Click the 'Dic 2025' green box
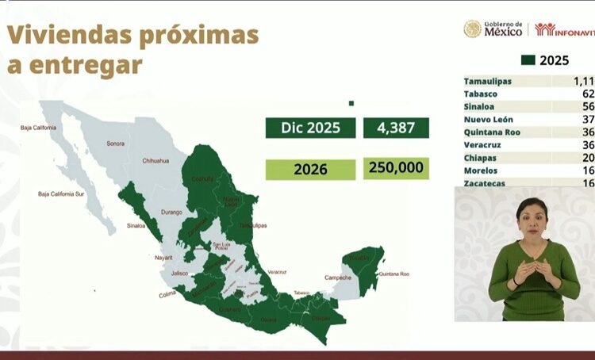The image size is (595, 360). click(x=311, y=128)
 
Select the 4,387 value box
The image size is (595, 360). click(x=396, y=128)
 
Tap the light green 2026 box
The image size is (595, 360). click(x=311, y=169)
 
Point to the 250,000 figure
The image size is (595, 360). click(x=396, y=168)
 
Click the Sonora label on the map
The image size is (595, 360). click(x=117, y=144)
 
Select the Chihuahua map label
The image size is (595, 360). click(x=155, y=161)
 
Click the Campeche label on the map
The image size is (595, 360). click(x=338, y=278)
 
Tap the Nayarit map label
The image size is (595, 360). click(x=164, y=258)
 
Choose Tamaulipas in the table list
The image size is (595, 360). click(x=488, y=81)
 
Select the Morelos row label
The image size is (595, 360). click(x=481, y=170)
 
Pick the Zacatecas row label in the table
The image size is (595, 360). click(x=486, y=183)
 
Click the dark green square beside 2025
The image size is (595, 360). click(x=528, y=60)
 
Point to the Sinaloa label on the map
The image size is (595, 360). click(x=136, y=226)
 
